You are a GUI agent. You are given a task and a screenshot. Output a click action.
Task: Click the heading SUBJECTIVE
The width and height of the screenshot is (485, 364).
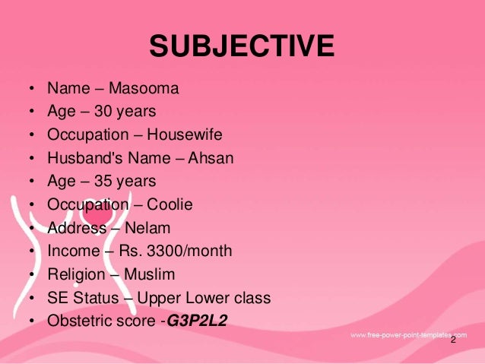coord(242,46)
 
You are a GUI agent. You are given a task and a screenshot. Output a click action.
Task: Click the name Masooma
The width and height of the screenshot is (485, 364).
coord(144,89)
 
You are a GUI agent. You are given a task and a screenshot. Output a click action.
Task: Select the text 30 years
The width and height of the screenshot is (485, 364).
coord(125,112)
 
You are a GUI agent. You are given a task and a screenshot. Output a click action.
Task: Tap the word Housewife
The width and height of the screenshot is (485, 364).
coord(185,135)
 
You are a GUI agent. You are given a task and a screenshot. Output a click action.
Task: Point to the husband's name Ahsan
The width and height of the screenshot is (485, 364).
coord(211,158)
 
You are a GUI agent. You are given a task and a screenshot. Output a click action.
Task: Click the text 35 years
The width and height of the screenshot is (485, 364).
coord(125,182)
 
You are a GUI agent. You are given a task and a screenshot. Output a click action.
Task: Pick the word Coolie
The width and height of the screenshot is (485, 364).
coord(170,204)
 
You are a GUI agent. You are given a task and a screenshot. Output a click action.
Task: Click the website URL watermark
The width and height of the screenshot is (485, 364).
coord(407,334)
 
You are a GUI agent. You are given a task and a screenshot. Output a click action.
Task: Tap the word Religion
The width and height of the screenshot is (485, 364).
coord(78,274)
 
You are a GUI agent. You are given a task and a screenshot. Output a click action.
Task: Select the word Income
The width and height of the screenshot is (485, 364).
coord(73,251)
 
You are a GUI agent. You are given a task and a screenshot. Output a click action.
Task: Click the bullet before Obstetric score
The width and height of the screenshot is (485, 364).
coord(31,321)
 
